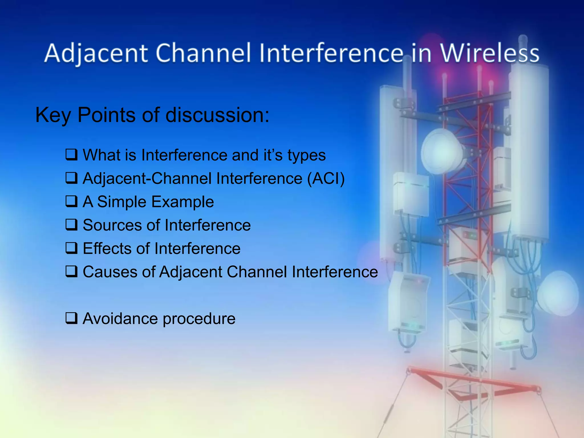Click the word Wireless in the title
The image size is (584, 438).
(x=490, y=53)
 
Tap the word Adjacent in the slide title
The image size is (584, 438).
(x=96, y=53)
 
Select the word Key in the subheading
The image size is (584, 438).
(x=53, y=115)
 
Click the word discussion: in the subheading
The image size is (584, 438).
(x=217, y=115)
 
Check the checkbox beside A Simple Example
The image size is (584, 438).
(x=71, y=201)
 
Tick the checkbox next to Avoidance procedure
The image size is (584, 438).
(x=71, y=318)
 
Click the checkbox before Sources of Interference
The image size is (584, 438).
(x=71, y=225)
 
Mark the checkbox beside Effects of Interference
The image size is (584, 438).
(x=71, y=248)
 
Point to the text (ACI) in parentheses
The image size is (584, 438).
(x=326, y=179)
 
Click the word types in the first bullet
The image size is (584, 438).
(x=306, y=156)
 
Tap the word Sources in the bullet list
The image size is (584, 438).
(x=111, y=225)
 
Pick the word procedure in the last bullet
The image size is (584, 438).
(x=199, y=319)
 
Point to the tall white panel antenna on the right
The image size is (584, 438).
(x=529, y=151)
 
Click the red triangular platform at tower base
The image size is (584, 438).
(x=473, y=384)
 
